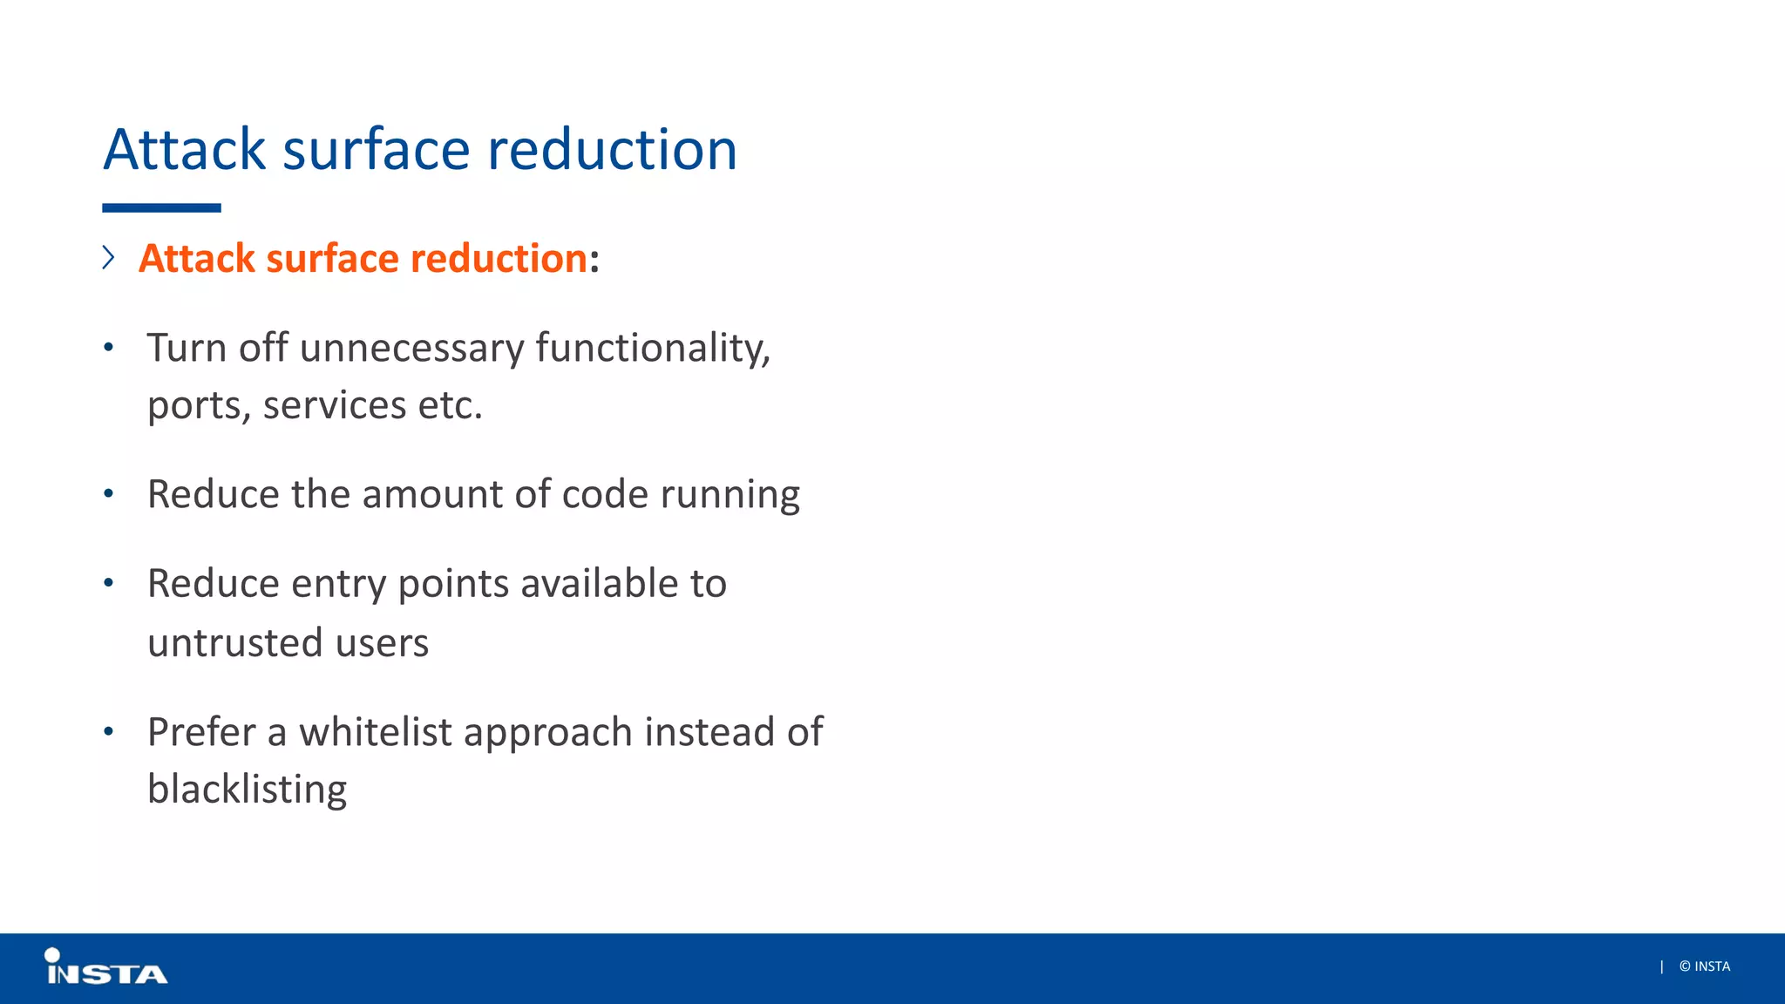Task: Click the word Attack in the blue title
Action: pyautogui.click(x=184, y=150)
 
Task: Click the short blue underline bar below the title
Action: pyautogui.click(x=161, y=208)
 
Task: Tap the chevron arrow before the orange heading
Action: pyautogui.click(x=108, y=258)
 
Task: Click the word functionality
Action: pyautogui.click(x=652, y=349)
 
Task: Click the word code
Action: pyautogui.click(x=605, y=494)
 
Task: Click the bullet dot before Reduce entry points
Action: pyautogui.click(x=108, y=583)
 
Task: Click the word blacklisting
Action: pyautogui.click(x=247, y=790)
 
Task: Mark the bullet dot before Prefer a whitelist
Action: pyautogui.click(x=108, y=731)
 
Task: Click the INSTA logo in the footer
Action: pyautogui.click(x=105, y=968)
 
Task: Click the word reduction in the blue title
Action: pyautogui.click(x=612, y=150)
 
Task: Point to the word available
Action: pyautogui.click(x=599, y=584)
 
